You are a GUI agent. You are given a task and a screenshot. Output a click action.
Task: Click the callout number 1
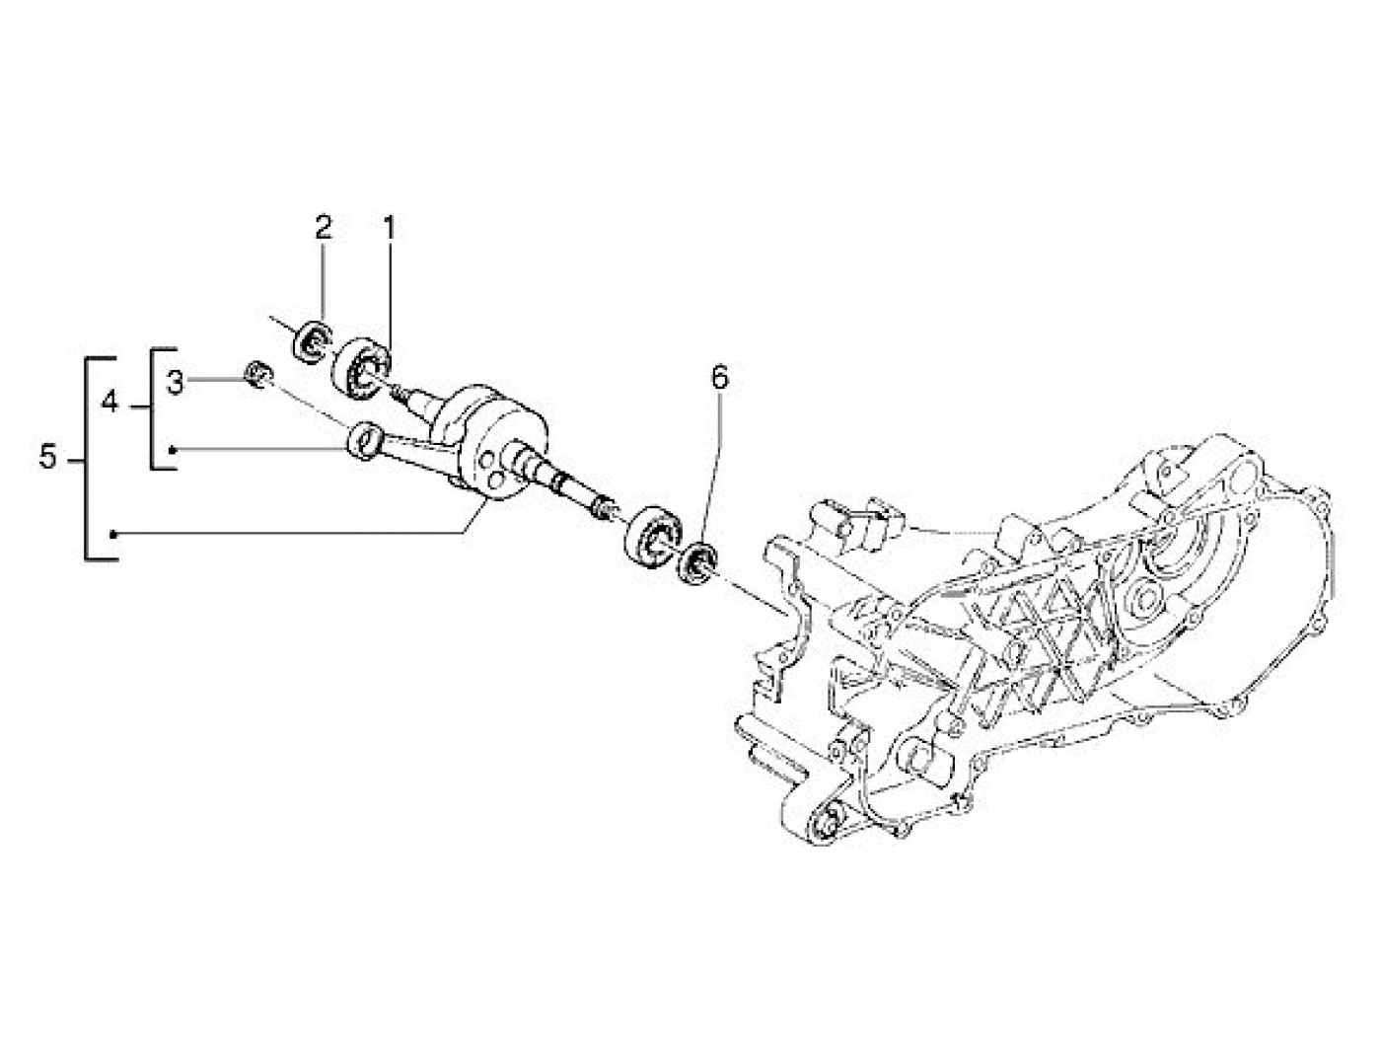coord(389,229)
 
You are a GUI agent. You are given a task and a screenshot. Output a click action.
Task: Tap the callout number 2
coord(324,229)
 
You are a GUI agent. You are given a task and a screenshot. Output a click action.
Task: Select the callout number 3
coord(175,382)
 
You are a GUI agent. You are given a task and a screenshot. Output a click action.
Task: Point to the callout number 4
coord(110,403)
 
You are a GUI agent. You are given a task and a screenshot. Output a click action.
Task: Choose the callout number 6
coord(719,377)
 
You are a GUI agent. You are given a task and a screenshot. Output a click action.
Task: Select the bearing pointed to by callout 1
coord(362,368)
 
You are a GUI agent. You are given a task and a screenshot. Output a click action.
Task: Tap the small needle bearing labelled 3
coord(258,375)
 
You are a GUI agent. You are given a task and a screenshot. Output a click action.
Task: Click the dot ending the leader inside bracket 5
coord(114,534)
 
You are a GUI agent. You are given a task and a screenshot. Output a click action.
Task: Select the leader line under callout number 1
coord(389,296)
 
